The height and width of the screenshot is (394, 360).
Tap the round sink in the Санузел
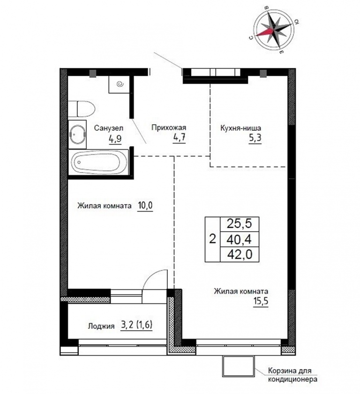click(78, 134)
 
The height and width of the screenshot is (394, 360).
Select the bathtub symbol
click(98, 162)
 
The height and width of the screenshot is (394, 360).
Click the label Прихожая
click(169, 128)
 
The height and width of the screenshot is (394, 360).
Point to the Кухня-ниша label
click(240, 128)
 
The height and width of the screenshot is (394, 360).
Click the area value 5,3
click(255, 138)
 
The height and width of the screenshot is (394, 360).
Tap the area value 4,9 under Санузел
click(115, 138)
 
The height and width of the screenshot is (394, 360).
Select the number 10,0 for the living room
click(145, 206)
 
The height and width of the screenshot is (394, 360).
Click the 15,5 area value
click(261, 301)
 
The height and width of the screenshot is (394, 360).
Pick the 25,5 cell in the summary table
click(239, 223)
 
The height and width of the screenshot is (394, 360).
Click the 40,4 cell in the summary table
click(239, 239)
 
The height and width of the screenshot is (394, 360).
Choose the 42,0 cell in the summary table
click(239, 255)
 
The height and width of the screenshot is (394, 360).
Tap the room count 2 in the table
click(212, 239)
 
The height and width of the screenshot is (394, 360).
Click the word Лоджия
click(101, 326)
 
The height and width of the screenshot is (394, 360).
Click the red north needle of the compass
click(265, 32)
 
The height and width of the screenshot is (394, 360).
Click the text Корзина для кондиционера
click(292, 374)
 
